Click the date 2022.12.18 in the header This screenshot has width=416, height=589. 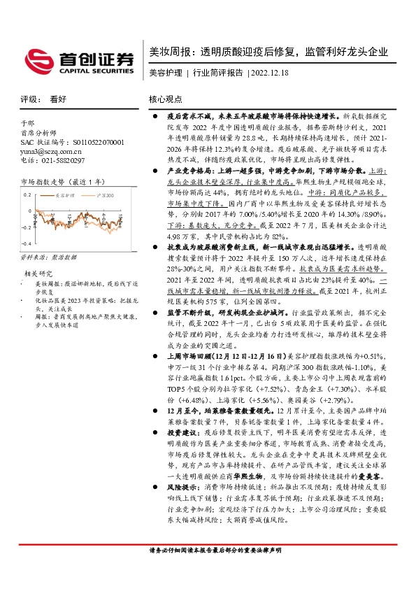coord(269,73)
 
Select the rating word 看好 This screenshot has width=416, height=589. coord(58,100)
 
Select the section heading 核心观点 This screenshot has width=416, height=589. coord(165,100)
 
